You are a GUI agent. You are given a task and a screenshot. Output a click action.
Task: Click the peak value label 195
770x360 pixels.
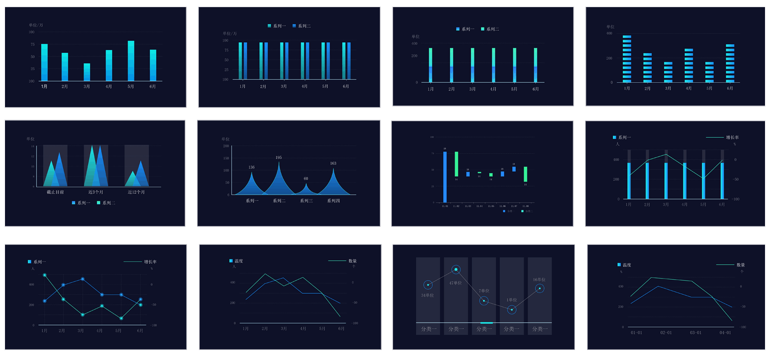[x=279, y=158]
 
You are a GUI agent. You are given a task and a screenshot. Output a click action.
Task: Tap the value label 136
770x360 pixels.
[x=252, y=167]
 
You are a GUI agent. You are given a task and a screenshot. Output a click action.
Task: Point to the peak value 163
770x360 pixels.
[x=333, y=163]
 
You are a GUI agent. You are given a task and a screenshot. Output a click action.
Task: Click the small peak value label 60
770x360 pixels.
[x=306, y=178]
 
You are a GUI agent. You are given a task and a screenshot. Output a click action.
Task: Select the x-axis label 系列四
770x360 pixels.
[x=333, y=201]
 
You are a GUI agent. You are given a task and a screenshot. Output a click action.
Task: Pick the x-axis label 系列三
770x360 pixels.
[x=306, y=201]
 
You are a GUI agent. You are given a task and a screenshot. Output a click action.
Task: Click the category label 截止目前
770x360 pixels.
[x=55, y=192]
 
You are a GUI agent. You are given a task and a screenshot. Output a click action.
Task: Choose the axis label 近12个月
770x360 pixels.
[x=136, y=192]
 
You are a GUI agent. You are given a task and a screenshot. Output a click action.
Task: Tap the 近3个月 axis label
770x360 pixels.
[x=96, y=192]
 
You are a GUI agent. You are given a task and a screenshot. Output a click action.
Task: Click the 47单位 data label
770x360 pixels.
[x=455, y=283]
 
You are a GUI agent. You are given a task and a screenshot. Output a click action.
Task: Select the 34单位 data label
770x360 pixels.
[x=427, y=295]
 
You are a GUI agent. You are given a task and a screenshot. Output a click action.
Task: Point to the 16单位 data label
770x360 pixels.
[x=539, y=280]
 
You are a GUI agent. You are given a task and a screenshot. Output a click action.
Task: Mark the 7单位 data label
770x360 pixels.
[x=484, y=291]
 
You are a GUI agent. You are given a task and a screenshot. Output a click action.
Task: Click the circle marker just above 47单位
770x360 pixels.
[x=456, y=270]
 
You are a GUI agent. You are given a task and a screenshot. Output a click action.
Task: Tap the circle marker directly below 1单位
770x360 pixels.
[x=512, y=310]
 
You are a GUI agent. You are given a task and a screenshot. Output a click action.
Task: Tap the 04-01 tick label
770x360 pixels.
[x=725, y=333]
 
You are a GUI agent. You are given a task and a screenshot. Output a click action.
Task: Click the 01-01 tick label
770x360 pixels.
[x=637, y=333]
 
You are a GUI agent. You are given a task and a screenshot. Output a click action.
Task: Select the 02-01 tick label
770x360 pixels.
[x=666, y=333]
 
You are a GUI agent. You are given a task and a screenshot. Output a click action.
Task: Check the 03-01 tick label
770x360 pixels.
[x=696, y=333]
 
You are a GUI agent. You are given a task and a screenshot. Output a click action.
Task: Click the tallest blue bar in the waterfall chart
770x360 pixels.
[x=445, y=177]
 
